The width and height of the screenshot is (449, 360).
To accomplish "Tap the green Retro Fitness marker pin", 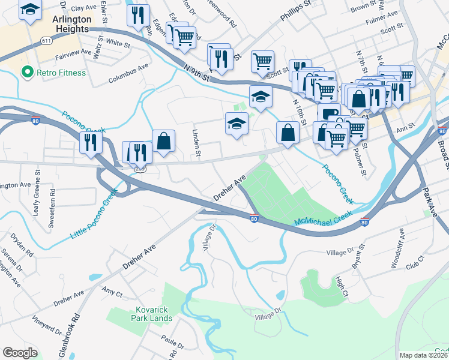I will point(27,73).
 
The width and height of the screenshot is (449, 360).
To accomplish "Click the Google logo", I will point(20,353).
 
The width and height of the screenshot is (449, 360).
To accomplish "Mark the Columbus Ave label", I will point(128,75).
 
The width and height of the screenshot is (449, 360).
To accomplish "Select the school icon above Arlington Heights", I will point(29,10).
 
